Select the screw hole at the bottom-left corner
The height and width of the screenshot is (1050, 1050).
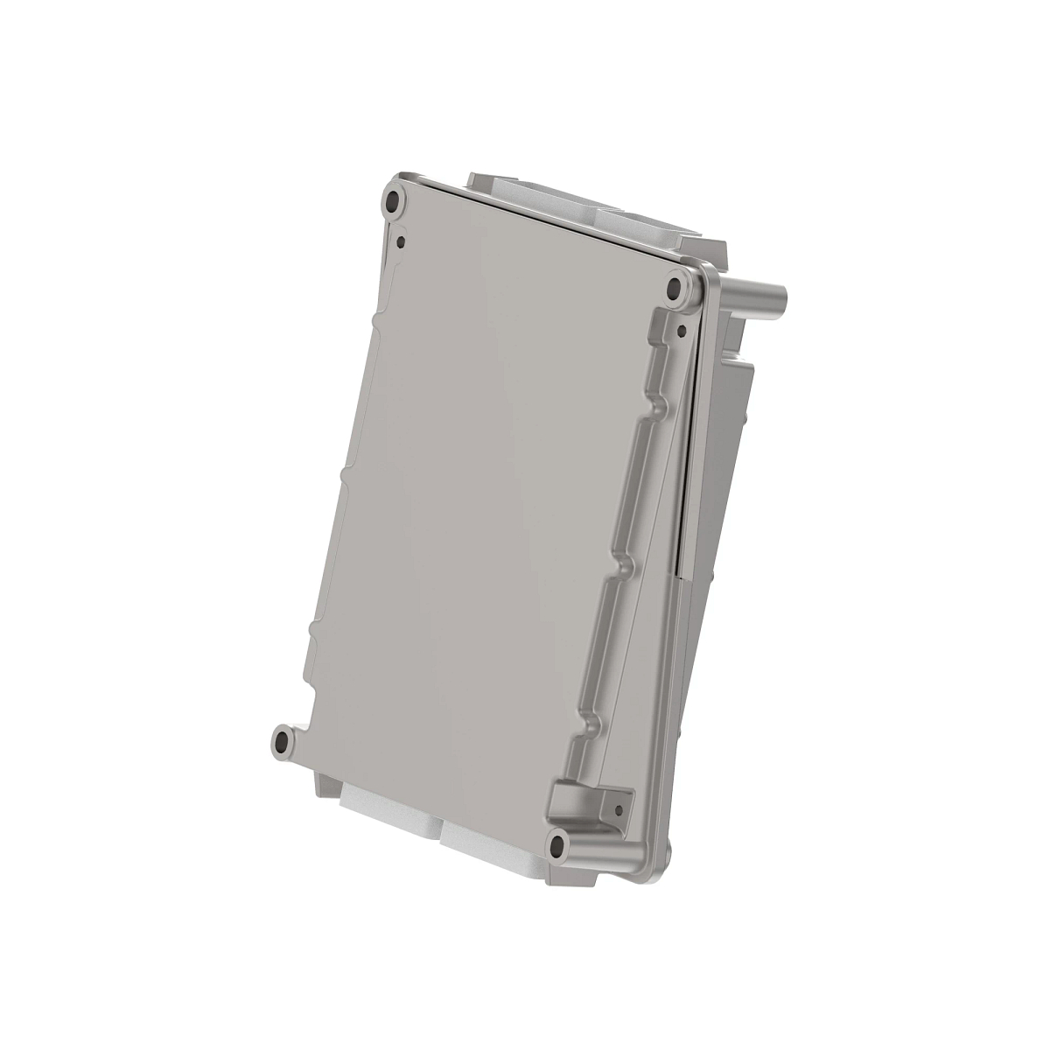[283, 742]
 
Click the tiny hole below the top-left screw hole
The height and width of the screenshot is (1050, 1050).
[401, 237]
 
